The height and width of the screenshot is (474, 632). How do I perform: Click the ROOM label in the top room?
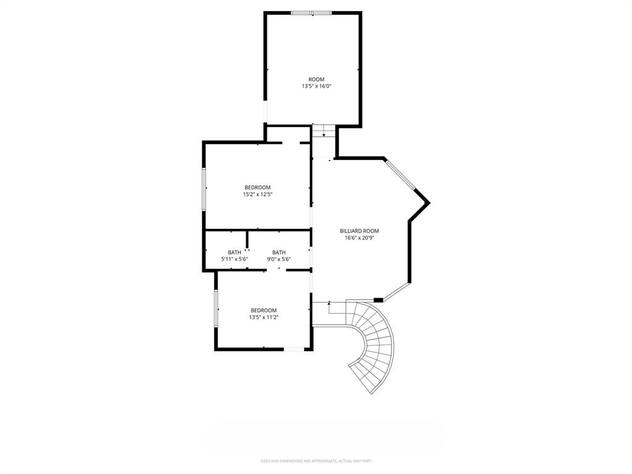coord(316,80)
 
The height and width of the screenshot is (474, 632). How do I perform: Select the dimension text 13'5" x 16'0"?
coord(316,87)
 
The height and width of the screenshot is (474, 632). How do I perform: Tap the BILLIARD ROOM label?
coord(359,231)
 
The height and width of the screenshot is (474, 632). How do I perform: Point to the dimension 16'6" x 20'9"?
coord(359,238)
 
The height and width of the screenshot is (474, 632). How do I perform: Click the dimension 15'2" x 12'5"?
coord(257,194)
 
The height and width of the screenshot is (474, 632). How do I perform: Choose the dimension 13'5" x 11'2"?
coord(264,317)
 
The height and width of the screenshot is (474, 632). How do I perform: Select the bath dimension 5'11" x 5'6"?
coord(235,259)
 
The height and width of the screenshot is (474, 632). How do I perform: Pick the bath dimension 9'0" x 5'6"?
coord(279,259)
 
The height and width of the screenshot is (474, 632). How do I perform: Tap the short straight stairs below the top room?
coord(323,131)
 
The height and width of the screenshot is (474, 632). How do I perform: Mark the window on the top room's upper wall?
coord(312,12)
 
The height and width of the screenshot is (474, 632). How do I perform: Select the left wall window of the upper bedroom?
coord(204,188)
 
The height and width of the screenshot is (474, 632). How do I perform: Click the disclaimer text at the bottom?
coord(316,460)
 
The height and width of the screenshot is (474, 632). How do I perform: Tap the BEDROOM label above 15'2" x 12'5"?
coord(257,188)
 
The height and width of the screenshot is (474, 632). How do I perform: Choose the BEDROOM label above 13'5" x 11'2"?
coord(264,310)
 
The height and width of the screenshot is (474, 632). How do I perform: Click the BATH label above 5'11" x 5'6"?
coord(235,252)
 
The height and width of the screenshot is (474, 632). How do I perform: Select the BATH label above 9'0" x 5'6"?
coord(279,252)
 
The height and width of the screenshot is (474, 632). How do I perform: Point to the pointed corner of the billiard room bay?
coord(428,202)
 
